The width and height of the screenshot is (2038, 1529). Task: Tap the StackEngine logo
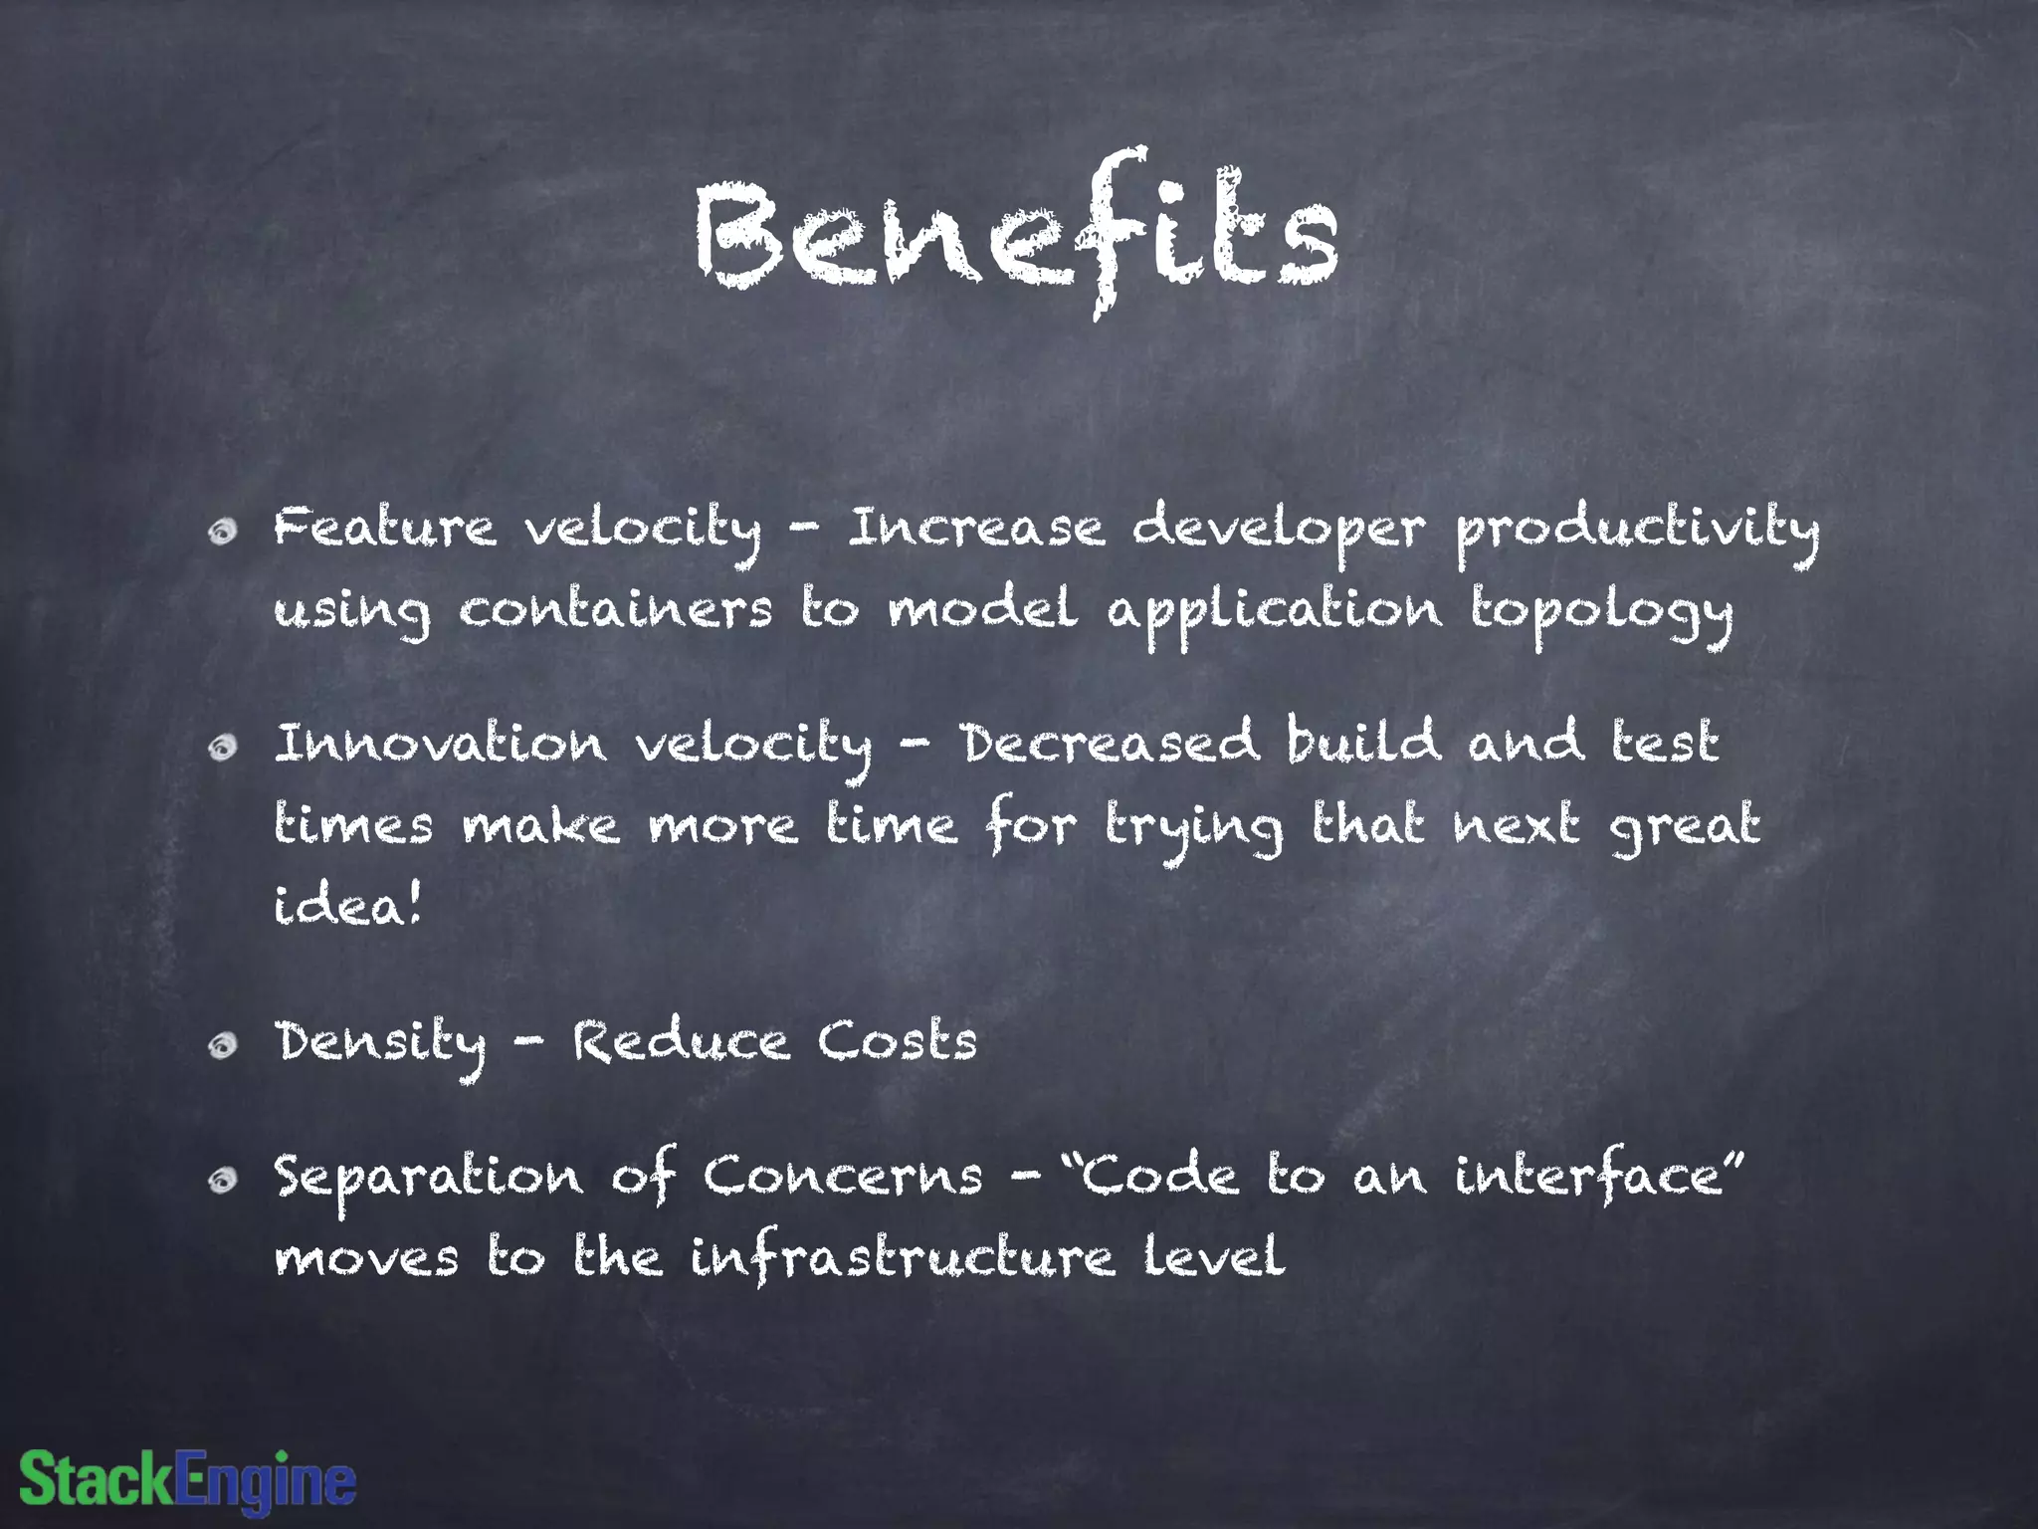[x=187, y=1479]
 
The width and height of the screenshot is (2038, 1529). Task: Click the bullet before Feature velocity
[x=223, y=532]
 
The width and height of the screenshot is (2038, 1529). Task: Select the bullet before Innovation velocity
[x=223, y=747]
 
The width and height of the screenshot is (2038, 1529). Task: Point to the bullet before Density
[x=223, y=1044]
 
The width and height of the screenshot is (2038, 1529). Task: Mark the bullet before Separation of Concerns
[x=223, y=1180]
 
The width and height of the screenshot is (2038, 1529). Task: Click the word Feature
[x=384, y=528]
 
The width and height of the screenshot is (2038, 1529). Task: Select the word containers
[x=615, y=610]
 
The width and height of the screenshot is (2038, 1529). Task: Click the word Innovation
[x=440, y=744]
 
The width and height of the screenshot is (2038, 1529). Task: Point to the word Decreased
[x=1109, y=744]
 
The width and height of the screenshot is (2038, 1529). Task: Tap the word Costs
[x=898, y=1042]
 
